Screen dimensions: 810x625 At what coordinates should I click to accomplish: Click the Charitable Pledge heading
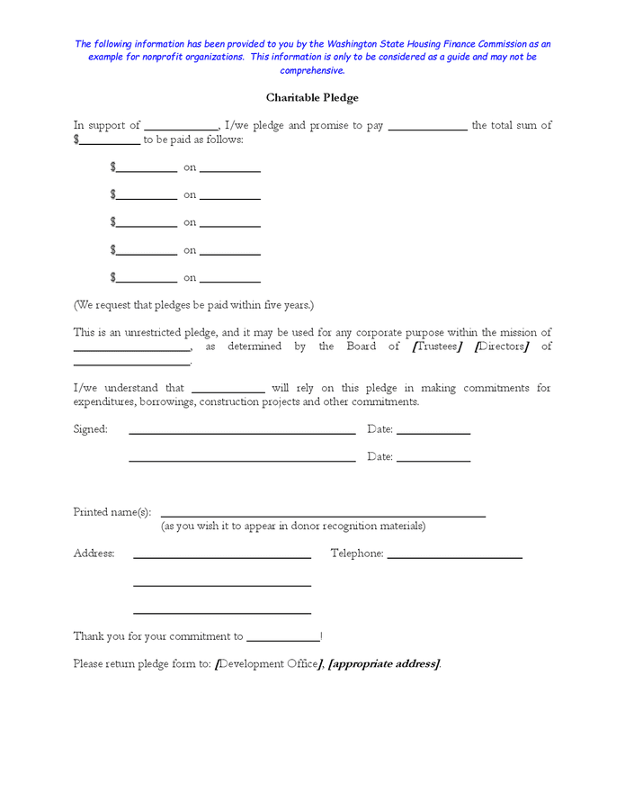[x=312, y=97]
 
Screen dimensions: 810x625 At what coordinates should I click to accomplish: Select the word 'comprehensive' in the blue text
[x=312, y=70]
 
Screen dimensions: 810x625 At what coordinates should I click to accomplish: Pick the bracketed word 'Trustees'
[x=436, y=346]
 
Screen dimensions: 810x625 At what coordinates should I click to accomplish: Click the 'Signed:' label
[x=90, y=429]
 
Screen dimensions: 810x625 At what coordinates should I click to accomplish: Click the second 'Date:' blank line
[x=433, y=460]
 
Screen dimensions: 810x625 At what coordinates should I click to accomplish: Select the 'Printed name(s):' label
[x=112, y=512]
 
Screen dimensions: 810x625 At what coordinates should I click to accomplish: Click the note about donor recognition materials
[x=293, y=526]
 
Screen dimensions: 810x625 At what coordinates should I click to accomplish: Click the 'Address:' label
[x=94, y=553]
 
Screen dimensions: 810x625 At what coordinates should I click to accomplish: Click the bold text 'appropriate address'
[x=384, y=664]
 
